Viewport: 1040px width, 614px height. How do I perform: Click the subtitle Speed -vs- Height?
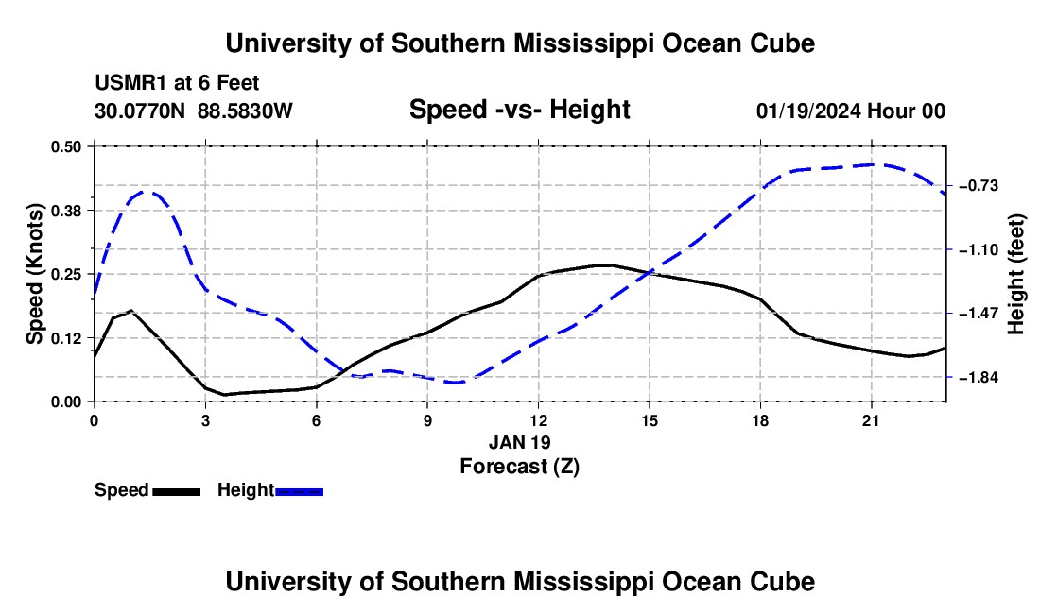[x=519, y=110]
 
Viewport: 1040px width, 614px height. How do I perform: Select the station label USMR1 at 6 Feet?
[x=177, y=83]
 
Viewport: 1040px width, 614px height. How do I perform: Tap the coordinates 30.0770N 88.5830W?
[x=193, y=111]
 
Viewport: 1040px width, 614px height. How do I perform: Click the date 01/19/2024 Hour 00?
[x=850, y=111]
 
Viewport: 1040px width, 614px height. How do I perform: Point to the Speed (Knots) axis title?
[x=35, y=274]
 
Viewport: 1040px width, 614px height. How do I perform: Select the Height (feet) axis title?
[x=1016, y=274]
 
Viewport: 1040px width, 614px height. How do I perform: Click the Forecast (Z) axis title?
[x=519, y=467]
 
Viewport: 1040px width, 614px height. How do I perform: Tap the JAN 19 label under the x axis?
[x=519, y=442]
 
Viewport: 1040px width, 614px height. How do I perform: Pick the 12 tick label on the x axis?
[x=539, y=420]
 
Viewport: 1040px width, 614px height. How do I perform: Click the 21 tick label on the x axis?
[x=871, y=420]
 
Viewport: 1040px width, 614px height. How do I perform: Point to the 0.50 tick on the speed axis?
[x=66, y=146]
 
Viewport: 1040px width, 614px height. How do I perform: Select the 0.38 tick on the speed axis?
[x=66, y=211]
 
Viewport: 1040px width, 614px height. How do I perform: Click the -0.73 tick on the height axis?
[x=979, y=185]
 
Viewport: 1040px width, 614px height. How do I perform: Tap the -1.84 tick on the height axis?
[x=979, y=377]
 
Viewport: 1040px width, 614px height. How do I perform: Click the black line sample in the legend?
[x=176, y=491]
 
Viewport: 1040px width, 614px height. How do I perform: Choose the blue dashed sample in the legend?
[x=299, y=491]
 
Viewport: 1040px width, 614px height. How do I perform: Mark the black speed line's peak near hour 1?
[x=132, y=310]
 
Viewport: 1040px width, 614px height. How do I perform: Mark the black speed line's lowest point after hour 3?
[x=225, y=395]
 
